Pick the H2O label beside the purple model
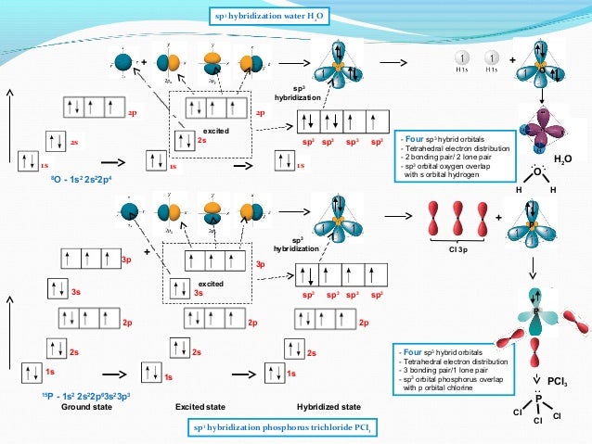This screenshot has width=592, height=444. click(x=563, y=160)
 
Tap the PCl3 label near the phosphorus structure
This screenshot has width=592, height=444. click(x=558, y=381)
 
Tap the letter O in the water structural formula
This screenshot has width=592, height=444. click(x=536, y=172)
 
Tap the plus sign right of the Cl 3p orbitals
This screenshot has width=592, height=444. click(x=498, y=218)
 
